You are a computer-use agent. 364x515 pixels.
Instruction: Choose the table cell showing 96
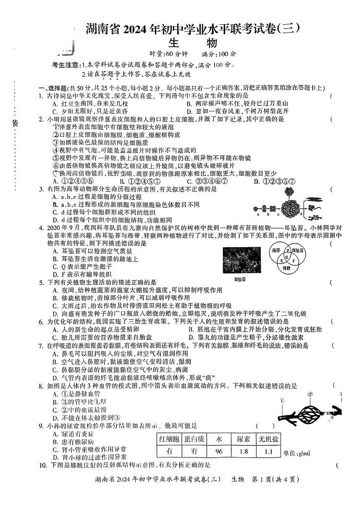point(218,451)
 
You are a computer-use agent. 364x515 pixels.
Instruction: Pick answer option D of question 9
point(89,457)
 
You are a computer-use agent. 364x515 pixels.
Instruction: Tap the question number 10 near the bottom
point(41,465)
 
